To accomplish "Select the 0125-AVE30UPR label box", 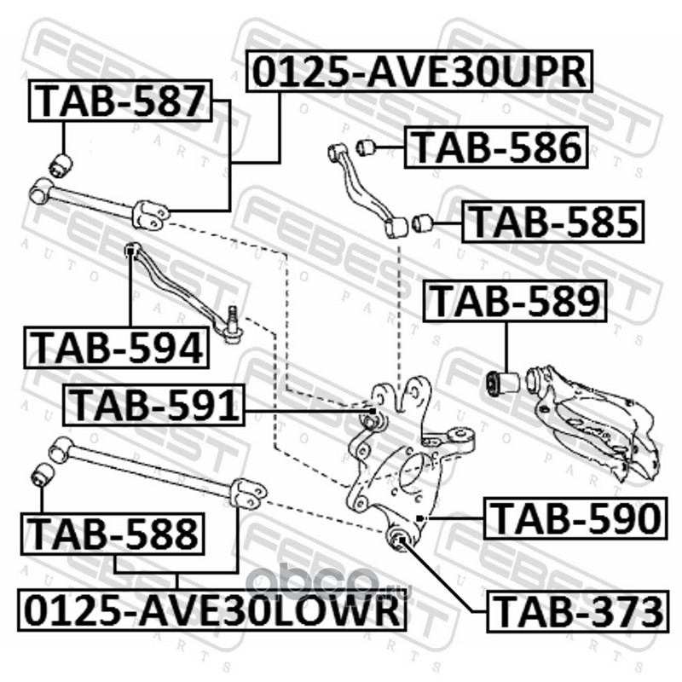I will click(418, 72).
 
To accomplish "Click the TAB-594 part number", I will click(117, 348).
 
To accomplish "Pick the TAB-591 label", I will click(154, 405).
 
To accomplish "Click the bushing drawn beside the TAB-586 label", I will click(368, 147).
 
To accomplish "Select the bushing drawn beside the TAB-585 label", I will click(422, 224).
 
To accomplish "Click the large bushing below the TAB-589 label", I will click(500, 383).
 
